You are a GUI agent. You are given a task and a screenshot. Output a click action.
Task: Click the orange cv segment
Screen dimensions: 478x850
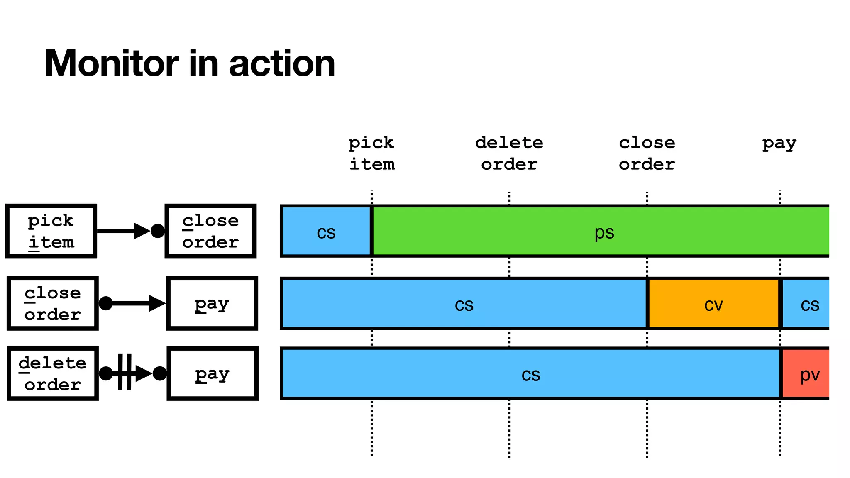click(x=713, y=304)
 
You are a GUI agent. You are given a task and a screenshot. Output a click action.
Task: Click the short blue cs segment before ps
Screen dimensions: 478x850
click(x=326, y=231)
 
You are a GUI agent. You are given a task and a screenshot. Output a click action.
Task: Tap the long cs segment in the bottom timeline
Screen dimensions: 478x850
click(x=531, y=373)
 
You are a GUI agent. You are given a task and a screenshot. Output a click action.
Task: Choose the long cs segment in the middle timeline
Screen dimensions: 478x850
click(x=464, y=304)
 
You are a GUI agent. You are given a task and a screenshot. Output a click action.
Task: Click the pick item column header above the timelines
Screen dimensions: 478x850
click(x=371, y=154)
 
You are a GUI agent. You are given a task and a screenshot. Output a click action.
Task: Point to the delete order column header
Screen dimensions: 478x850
click(x=509, y=154)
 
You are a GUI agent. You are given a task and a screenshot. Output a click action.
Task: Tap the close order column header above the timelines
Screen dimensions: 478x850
click(x=647, y=154)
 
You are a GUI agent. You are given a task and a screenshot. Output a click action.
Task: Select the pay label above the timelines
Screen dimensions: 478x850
click(x=779, y=144)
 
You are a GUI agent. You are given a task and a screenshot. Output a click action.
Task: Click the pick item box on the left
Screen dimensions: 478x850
click(x=51, y=231)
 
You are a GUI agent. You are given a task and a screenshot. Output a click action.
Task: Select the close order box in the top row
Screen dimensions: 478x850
click(x=210, y=231)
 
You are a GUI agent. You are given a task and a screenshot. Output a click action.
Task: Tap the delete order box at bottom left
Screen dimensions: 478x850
click(x=53, y=373)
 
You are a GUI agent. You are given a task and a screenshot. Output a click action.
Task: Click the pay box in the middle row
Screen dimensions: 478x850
click(x=212, y=304)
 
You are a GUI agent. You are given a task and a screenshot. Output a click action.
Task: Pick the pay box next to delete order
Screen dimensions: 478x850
click(x=212, y=373)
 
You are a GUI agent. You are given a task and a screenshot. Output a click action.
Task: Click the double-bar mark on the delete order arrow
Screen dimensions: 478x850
click(x=125, y=372)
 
